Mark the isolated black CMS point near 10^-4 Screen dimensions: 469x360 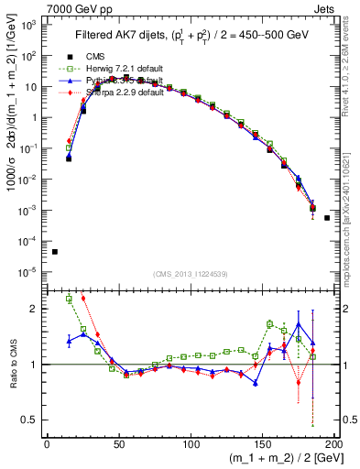(x=55, y=252)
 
